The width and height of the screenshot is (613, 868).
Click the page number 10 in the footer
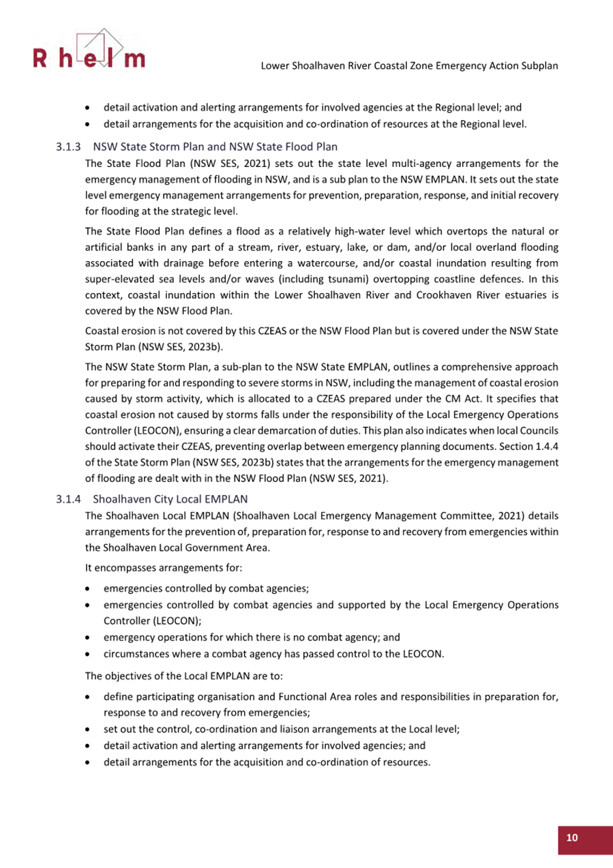571,838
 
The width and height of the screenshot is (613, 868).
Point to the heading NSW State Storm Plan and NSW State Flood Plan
215,147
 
